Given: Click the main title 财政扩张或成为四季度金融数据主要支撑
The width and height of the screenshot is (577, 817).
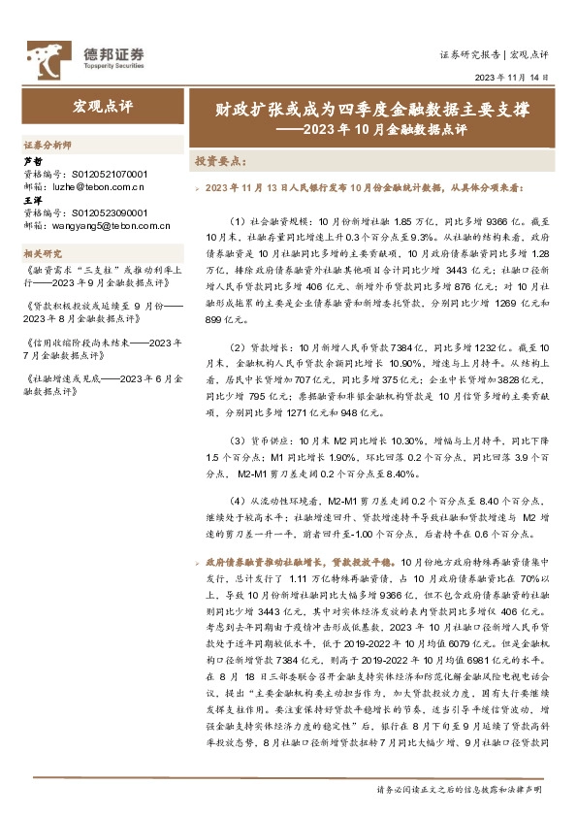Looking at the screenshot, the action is coord(372,111).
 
